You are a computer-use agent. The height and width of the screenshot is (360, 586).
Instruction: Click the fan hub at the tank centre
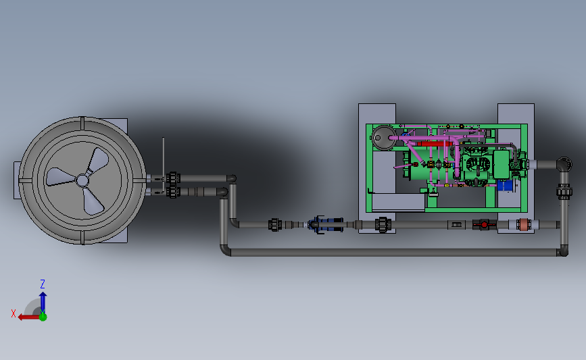point(82,181)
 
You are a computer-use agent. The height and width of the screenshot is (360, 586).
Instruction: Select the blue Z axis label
point(43,284)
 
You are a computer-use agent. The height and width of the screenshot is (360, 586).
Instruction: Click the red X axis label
point(14,313)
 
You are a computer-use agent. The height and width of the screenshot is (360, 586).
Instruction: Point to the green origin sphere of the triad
point(43,317)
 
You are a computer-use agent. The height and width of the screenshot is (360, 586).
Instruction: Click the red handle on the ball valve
point(484,224)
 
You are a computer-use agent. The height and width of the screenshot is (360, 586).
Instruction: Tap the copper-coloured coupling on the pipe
point(524,224)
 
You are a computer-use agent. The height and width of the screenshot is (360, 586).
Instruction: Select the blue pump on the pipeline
point(326,224)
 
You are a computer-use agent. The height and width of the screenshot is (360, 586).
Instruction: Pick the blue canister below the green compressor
point(505,186)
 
